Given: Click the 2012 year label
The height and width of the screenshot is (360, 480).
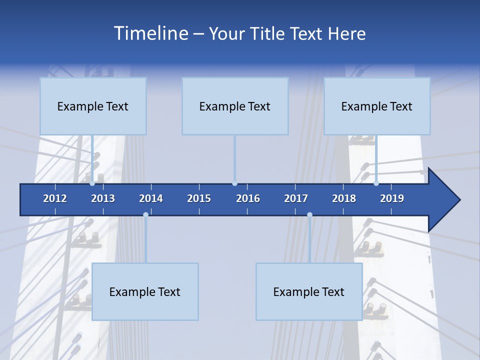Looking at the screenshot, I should (55, 198).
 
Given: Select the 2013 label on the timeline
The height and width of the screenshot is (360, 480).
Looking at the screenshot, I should (103, 198).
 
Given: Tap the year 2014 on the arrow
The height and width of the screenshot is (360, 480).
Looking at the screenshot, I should (151, 198).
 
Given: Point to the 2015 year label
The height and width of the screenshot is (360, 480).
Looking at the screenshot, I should (199, 198).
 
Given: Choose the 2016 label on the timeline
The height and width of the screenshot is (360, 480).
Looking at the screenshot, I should (248, 198).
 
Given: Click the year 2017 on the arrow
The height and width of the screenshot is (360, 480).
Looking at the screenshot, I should (296, 198).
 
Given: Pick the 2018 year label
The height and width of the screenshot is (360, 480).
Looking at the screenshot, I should (344, 198).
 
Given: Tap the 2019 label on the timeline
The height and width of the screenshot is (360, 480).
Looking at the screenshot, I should (392, 198).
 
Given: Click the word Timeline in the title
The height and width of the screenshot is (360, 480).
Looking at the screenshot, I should (150, 33).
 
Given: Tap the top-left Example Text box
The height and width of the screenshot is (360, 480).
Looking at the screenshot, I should (93, 106).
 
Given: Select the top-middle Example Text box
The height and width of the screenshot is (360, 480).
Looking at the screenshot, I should (235, 106).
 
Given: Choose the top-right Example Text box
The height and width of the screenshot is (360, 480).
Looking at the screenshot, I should (377, 106).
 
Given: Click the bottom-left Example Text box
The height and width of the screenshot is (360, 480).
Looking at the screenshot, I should (145, 291).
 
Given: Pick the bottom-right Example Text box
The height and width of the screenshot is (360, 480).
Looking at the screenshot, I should (309, 291).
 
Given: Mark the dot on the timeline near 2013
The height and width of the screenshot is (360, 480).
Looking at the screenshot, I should (92, 183).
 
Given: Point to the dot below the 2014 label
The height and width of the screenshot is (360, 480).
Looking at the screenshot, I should (145, 215).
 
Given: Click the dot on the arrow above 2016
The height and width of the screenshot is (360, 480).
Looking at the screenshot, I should (234, 183).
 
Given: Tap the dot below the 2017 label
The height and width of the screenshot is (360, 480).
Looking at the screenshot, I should (309, 215).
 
